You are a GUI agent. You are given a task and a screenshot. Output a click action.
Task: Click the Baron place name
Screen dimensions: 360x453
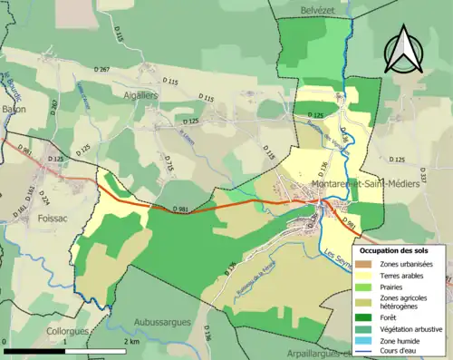coord(13,109)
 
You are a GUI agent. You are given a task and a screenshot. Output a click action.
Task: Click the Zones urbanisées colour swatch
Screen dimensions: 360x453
coord(366,264)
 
